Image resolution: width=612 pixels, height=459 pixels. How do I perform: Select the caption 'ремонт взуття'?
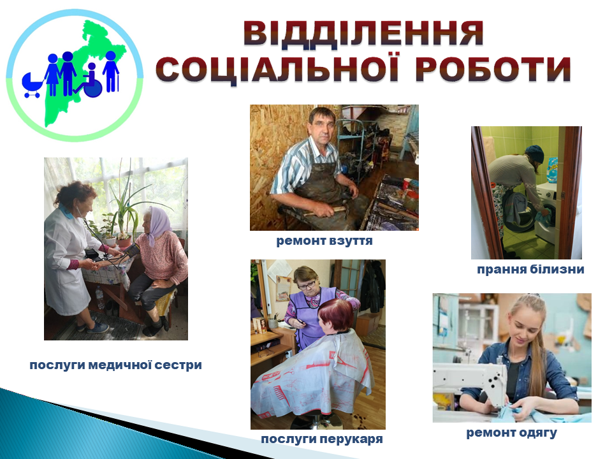coord(324,241)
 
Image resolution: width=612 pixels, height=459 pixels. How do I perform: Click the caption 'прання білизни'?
coord(530,269)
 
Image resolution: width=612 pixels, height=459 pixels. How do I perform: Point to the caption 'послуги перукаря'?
coord(321,439)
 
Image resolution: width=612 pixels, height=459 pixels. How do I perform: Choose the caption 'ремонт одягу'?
coord(511,433)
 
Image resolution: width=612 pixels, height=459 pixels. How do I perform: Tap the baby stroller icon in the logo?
coord(32,85)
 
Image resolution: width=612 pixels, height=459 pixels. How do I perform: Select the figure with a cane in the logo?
coord(111,71)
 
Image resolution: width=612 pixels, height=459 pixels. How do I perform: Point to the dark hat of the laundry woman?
coord(534,154)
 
